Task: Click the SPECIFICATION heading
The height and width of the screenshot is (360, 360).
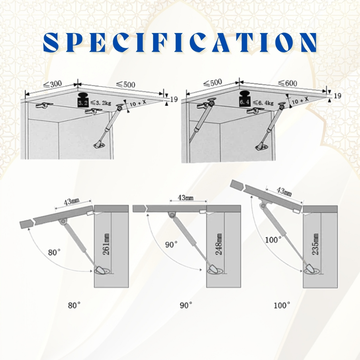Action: tap(180, 42)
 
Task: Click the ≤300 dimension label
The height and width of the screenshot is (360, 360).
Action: tap(53, 84)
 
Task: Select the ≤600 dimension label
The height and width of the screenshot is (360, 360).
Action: tap(288, 83)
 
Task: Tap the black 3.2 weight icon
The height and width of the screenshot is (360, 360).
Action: tap(83, 100)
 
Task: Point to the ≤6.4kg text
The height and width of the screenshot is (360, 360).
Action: tap(263, 103)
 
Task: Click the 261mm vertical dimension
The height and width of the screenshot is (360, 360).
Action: tap(106, 244)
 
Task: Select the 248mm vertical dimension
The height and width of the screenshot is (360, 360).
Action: tap(219, 244)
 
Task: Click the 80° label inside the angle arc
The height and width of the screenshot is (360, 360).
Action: tap(54, 252)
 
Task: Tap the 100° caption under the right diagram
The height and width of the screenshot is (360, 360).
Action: tap(282, 306)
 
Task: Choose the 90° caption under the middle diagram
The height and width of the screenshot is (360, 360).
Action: tap(186, 306)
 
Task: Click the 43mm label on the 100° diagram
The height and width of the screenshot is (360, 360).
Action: tap(284, 192)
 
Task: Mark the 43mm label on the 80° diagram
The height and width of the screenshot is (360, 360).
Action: tap(72, 201)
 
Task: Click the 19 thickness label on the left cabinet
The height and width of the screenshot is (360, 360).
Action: tap(174, 99)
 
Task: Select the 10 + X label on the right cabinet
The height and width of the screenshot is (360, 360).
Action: tap(300, 100)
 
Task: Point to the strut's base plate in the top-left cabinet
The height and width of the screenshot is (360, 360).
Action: tap(99, 145)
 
